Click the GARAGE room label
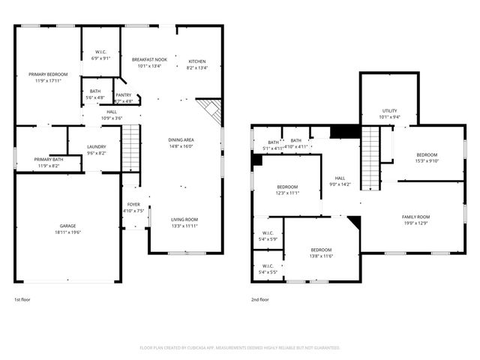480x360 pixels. (x=68, y=226)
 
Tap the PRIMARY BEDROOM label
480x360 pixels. (x=48, y=74)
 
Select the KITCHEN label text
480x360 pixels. (x=196, y=61)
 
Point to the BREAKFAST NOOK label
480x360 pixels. (x=150, y=59)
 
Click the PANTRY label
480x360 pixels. (x=124, y=95)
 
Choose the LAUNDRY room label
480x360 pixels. (x=96, y=147)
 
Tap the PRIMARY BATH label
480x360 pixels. (x=48, y=159)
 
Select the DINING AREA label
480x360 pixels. (x=181, y=140)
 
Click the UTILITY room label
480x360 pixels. (x=389, y=110)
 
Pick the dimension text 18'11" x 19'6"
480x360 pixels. (x=68, y=233)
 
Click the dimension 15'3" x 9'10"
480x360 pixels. (x=427, y=160)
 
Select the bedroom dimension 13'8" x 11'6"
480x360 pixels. (x=322, y=256)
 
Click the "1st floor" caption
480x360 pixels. (x=22, y=299)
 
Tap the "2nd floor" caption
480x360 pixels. (x=260, y=299)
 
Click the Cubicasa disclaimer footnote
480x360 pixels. (x=240, y=348)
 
